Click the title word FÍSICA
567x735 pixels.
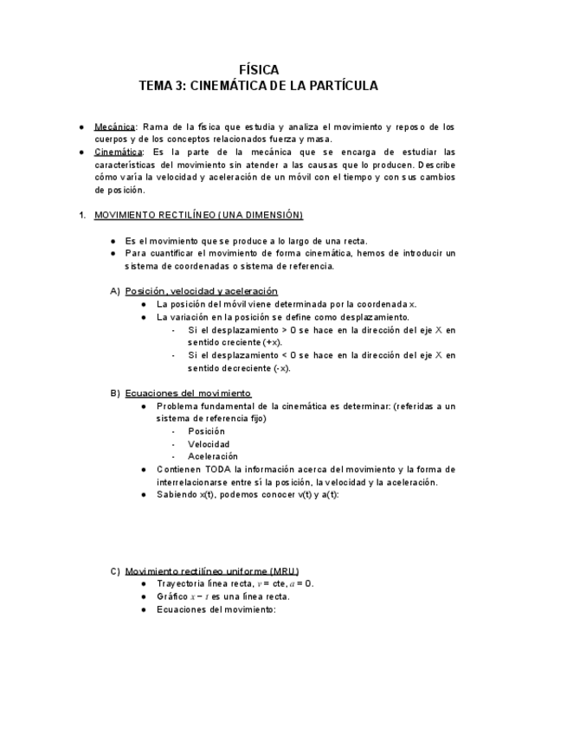259,69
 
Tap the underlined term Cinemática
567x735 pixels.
118,152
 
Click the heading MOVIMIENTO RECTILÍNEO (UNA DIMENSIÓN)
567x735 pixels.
198,215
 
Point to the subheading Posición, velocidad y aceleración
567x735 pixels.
201,291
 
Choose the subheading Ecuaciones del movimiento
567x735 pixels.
188,394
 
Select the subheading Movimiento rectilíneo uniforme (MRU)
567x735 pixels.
212,571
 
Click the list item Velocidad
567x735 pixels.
208,444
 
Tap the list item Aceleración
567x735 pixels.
212,456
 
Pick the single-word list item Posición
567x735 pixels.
206,431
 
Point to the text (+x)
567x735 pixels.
271,342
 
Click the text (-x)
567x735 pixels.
281,367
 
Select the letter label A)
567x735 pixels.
115,291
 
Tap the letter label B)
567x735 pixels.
115,394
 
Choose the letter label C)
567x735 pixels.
115,571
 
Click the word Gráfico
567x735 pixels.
172,596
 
